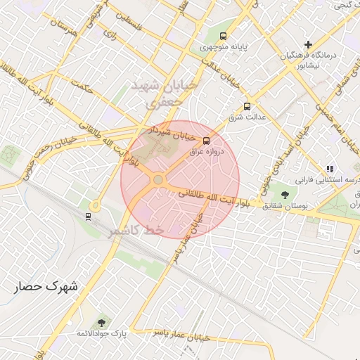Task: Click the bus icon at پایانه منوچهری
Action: click(x=224, y=36)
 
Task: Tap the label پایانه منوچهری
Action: click(x=224, y=47)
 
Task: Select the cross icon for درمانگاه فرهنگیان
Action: click(x=308, y=45)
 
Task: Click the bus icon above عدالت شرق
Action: click(x=246, y=106)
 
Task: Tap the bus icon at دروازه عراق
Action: click(x=206, y=141)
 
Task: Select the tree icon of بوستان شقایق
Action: click(x=285, y=195)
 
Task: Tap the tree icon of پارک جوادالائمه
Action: click(x=103, y=323)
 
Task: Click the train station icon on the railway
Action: click(x=88, y=216)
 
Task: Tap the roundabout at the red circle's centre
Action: click(x=158, y=180)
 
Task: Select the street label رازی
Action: click(x=109, y=33)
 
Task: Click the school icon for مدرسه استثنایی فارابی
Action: click(x=330, y=169)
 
